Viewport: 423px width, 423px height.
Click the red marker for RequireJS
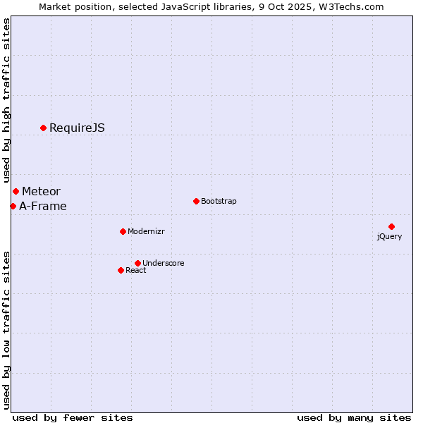(x=43, y=128)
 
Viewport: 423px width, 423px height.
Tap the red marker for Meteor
(x=16, y=191)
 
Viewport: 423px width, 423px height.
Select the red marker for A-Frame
(x=13, y=206)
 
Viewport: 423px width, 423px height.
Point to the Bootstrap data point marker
(x=196, y=201)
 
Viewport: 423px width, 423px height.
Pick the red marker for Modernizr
(x=123, y=231)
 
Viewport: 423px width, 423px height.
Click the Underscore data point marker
(x=137, y=263)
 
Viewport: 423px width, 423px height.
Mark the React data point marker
(x=121, y=270)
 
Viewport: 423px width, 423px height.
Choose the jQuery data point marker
(x=391, y=226)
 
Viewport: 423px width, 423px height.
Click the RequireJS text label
(x=77, y=128)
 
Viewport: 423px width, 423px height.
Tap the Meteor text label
(x=41, y=191)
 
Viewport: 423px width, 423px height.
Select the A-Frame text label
(x=43, y=206)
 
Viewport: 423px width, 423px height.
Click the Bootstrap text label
(x=219, y=201)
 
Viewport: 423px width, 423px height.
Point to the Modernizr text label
(x=146, y=231)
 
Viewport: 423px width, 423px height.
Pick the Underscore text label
(x=164, y=263)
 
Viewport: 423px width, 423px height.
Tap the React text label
(x=136, y=270)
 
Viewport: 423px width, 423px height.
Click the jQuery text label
(x=389, y=236)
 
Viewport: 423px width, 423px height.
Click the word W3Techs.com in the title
(x=351, y=6)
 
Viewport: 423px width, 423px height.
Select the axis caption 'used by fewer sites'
(x=73, y=417)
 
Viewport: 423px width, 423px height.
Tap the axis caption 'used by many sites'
(x=354, y=417)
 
